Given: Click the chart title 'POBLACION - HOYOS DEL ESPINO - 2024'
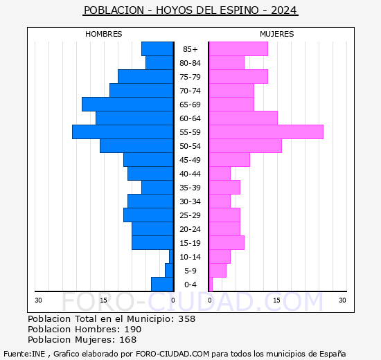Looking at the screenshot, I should coord(190,10).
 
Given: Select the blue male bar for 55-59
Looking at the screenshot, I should coord(122,132).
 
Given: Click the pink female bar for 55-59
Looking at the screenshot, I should coord(265,132).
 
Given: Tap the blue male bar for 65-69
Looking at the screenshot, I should coord(127,104).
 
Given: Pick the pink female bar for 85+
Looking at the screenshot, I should coord(238,48).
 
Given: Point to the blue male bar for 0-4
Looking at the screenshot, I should coord(161,284).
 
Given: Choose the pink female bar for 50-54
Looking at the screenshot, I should coord(245,145).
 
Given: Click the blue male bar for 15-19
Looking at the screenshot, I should coord(152,242).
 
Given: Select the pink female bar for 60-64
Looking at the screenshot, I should coord(242,118).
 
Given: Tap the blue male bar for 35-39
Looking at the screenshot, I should coord(157,187).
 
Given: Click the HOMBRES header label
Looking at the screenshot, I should coord(103,34).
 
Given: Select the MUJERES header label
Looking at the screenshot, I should coord(276,34).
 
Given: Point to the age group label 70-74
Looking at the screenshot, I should coord(190,91).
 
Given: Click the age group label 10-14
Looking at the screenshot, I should coord(190,257).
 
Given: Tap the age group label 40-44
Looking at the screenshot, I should coord(190,174).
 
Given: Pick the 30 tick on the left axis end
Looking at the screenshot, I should coord(39,300).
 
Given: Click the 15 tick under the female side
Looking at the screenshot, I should coord(276,300).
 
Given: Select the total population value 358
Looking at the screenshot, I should coord(186,319).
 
